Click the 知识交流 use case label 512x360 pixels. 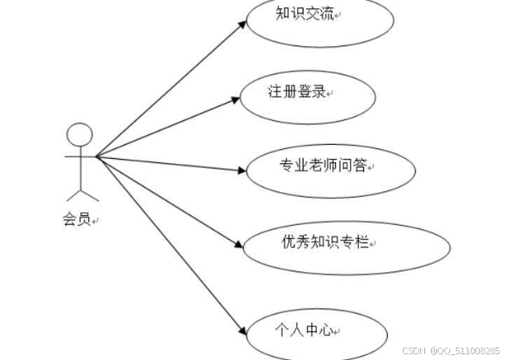[306, 13]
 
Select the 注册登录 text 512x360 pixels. [296, 92]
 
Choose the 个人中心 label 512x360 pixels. [304, 329]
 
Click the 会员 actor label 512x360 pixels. [77, 220]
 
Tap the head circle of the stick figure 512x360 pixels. [79, 136]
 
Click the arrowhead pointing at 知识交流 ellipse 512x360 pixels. [242, 23]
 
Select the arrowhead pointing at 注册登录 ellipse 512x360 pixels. [236, 100]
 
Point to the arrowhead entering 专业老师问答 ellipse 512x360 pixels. [242, 170]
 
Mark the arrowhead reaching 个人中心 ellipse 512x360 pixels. [242, 331]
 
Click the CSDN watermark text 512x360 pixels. [414, 351]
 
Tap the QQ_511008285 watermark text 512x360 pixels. [468, 351]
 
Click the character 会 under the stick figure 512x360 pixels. [70, 220]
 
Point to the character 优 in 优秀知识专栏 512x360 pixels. [288, 242]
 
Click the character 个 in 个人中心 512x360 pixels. [282, 329]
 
